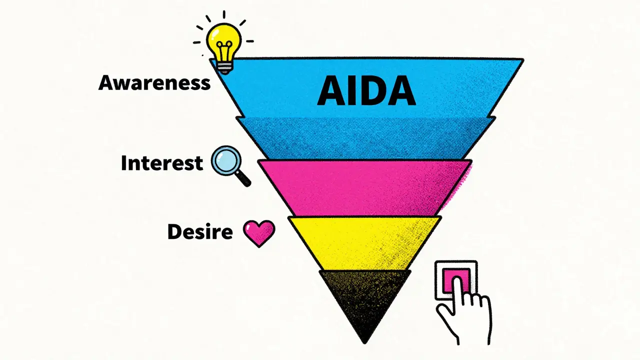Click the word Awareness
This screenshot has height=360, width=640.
(154, 83)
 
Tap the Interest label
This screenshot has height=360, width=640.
(162, 163)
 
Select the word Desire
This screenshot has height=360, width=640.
(200, 231)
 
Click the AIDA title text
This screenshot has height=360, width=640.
(366, 91)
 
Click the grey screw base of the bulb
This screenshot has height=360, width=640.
(224, 67)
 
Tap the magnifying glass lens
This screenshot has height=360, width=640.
(226, 160)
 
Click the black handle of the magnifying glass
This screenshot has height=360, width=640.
(243, 179)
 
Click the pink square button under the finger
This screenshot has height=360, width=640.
(456, 280)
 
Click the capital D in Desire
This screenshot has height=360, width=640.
(174, 231)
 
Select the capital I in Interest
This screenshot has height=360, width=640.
(124, 163)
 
